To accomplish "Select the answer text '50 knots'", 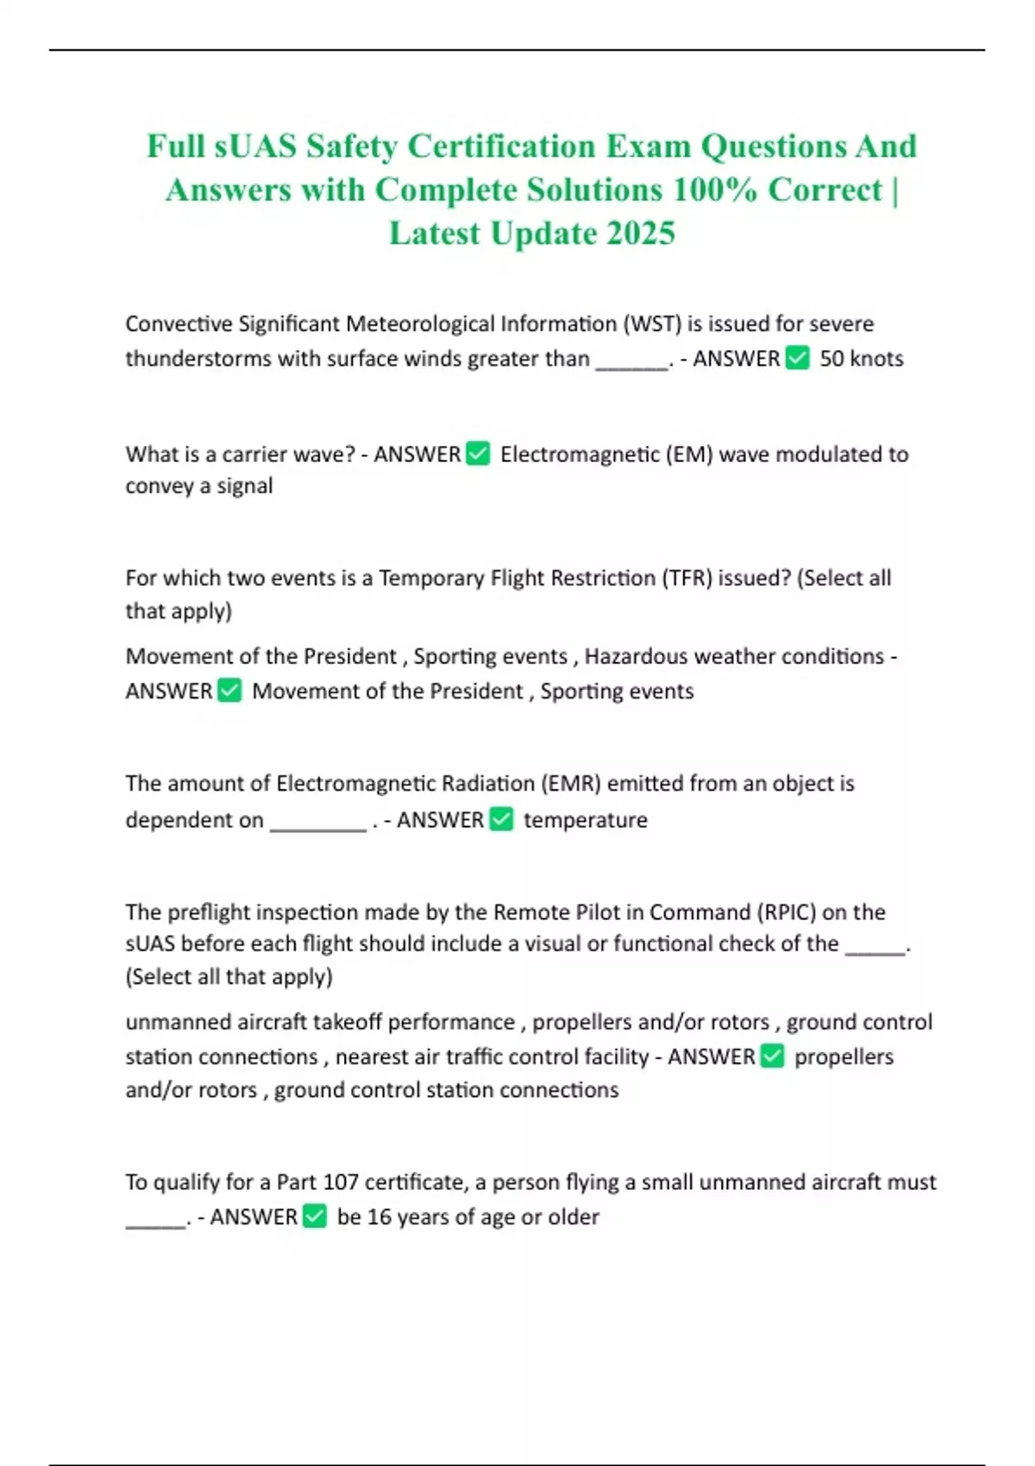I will point(861,359).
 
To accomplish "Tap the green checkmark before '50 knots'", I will point(798,358).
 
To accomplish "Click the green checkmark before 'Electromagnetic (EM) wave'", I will point(478,454).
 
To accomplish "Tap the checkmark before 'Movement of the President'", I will point(229,691).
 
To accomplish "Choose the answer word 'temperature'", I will point(585,819).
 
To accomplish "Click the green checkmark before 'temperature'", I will point(501,819).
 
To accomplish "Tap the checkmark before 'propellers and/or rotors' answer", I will point(772,1056).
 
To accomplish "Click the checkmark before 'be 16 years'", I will point(315,1217).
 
